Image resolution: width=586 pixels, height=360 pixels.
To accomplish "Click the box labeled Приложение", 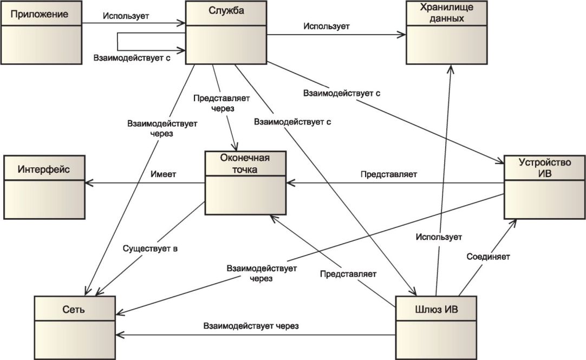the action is [x=41, y=32].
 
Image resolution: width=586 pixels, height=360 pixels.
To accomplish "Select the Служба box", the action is [x=226, y=32].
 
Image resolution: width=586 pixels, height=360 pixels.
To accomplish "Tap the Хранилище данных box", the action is [x=447, y=32].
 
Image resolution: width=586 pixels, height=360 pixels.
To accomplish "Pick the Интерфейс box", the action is [x=44, y=187].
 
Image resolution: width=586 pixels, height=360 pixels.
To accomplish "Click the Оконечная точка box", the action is [x=245, y=183].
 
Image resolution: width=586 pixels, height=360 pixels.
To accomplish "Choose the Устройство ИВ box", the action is [x=544, y=187].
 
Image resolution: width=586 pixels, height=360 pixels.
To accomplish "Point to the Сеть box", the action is [x=75, y=328].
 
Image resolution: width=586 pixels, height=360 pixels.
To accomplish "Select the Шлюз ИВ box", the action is [x=436, y=328].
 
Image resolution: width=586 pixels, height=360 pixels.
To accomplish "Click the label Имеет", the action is [x=164, y=174].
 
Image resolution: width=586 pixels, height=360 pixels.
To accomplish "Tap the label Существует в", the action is [x=150, y=248].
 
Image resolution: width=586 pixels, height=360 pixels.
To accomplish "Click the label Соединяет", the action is [x=488, y=257].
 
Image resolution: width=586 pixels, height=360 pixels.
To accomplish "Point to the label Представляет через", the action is [x=222, y=103].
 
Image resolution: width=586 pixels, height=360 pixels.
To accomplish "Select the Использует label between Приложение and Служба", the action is [x=126, y=16].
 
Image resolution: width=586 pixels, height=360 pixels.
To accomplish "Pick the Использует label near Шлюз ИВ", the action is [x=439, y=237].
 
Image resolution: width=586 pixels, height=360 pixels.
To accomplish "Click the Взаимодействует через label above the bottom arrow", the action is [x=251, y=326].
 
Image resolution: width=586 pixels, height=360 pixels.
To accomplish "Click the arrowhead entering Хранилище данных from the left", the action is [x=401, y=35].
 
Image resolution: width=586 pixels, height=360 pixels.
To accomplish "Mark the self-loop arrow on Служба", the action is [x=118, y=42].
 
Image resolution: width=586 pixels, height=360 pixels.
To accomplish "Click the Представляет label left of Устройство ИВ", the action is [x=389, y=174].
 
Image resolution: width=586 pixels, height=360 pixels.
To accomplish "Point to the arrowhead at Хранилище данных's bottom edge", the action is [x=452, y=69].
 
